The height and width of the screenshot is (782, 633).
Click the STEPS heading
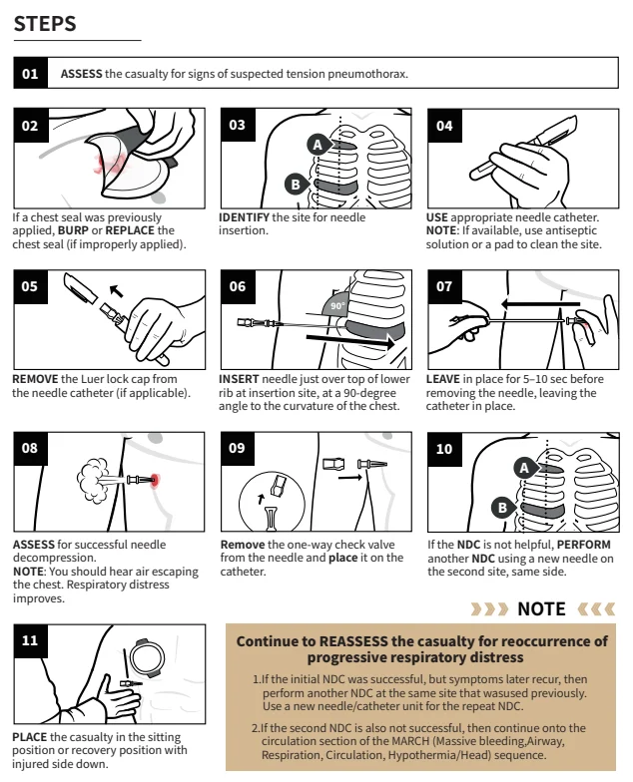[45, 24]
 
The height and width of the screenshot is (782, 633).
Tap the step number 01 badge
[31, 74]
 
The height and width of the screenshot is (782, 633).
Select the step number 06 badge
[238, 286]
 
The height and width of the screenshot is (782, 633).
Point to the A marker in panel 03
[316, 145]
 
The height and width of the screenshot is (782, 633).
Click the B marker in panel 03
[294, 184]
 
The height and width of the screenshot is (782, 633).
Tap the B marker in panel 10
[501, 507]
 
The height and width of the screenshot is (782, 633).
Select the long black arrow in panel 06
[348, 340]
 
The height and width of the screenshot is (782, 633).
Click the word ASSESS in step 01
[82, 74]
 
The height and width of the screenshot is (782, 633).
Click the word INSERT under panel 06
[239, 379]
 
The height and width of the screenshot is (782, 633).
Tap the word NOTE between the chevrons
[541, 608]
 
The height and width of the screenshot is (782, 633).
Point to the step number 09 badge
[238, 449]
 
